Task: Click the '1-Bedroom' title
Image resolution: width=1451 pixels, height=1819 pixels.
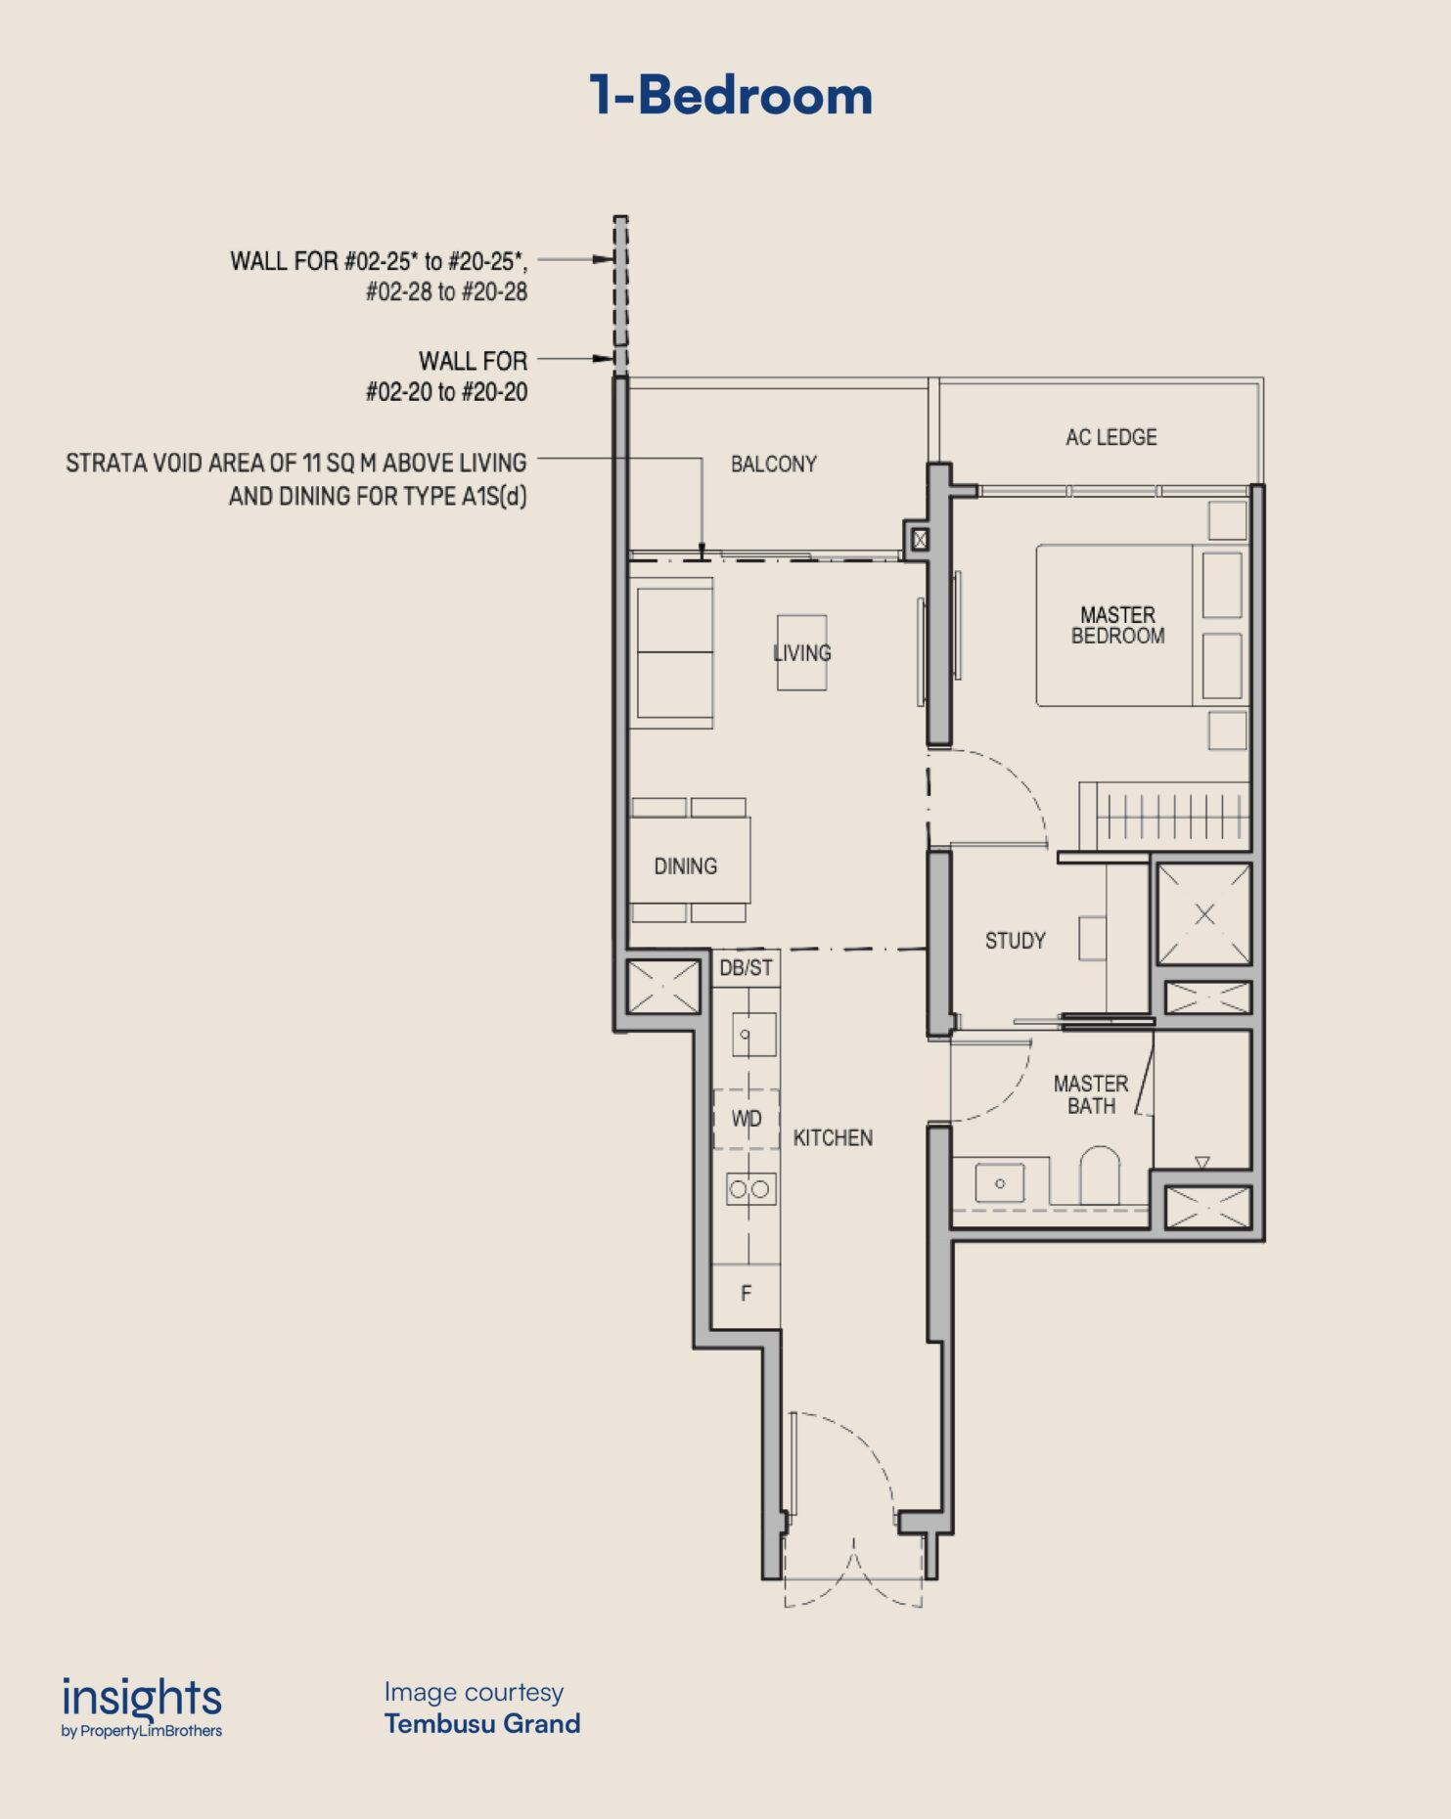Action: (731, 96)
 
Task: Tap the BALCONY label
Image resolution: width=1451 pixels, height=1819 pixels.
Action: (774, 464)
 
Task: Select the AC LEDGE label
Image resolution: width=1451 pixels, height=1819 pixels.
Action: (1111, 437)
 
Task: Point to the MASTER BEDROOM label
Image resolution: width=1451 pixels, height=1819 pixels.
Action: (1118, 626)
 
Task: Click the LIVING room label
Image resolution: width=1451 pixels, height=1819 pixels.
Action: (802, 652)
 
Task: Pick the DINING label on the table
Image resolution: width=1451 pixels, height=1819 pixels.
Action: (686, 865)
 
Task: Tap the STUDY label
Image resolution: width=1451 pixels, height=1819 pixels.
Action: (1016, 941)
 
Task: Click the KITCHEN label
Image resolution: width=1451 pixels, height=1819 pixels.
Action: (833, 1137)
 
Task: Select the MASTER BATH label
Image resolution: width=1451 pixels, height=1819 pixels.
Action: (1091, 1094)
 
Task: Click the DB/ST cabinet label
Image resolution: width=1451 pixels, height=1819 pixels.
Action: (747, 967)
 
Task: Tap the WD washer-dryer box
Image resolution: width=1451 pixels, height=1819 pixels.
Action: (747, 1119)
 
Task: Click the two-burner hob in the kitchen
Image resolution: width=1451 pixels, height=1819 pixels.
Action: (750, 1188)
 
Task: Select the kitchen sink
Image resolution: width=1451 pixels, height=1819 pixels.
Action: (753, 1035)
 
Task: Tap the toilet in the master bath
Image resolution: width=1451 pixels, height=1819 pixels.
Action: (1100, 1176)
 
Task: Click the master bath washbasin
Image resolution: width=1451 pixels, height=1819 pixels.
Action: (1000, 1182)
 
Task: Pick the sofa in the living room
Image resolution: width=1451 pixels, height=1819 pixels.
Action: (671, 652)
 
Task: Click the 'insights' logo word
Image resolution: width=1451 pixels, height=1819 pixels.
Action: (142, 1700)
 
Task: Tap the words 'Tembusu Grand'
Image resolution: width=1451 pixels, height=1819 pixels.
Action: (482, 1723)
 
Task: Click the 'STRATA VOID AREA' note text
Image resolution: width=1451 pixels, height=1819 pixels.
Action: (296, 479)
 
